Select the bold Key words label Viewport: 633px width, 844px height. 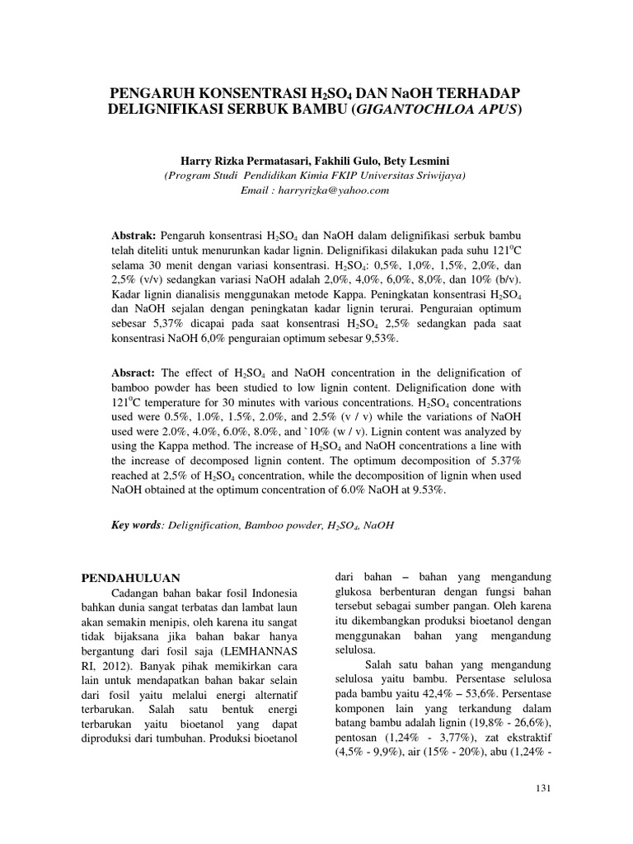[136, 525]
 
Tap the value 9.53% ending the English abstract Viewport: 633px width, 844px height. [428, 490]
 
